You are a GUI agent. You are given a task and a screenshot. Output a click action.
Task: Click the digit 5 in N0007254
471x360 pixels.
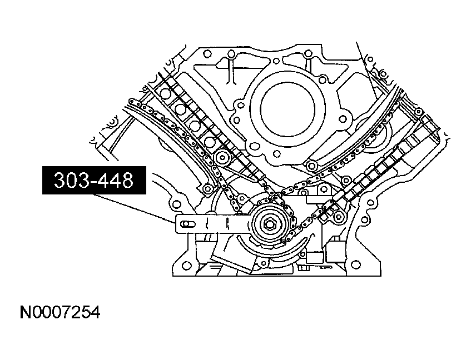pos(84,313)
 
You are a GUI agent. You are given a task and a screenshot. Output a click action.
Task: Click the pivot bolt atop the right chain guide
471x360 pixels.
pos(311,164)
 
